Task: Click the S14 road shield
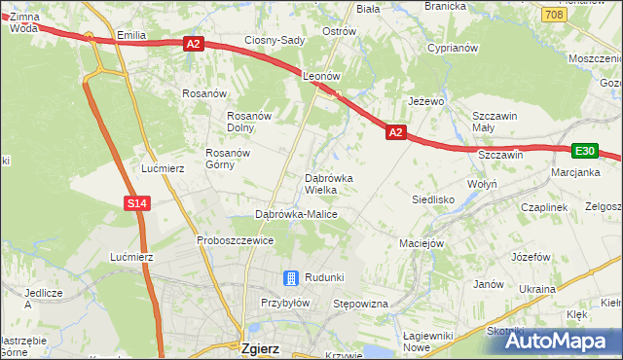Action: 137,203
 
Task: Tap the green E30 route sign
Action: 584,151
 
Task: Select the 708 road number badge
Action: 554,15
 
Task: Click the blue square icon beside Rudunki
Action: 290,277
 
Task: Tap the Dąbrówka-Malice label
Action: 295,214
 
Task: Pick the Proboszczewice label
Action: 234,239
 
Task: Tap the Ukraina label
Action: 536,289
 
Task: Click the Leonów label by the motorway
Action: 320,75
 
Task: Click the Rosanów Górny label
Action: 229,159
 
